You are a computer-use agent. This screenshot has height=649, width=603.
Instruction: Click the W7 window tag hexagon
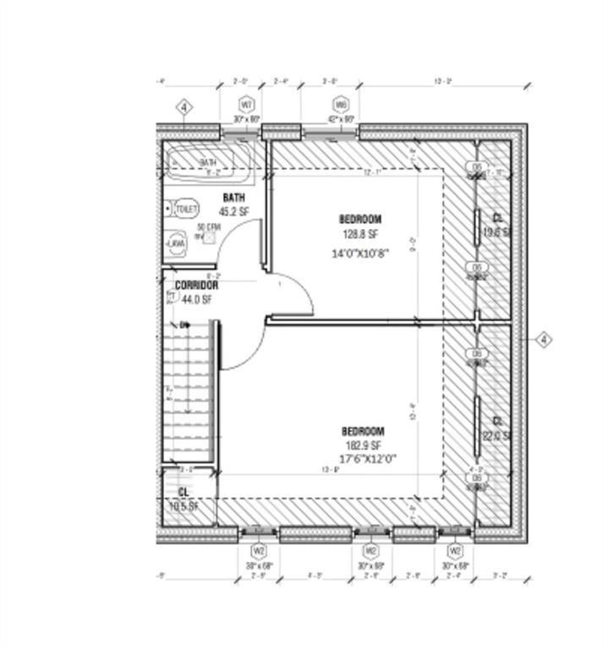pos(247,105)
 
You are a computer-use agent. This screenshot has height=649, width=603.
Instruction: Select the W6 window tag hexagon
pos(341,105)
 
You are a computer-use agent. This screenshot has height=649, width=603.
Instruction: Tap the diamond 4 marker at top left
pos(185,107)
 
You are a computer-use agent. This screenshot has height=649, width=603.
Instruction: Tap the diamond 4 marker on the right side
pos(545,340)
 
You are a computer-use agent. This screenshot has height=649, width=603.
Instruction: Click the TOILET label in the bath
pos(186,208)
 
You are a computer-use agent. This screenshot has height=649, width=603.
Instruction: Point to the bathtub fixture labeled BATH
pos(209,163)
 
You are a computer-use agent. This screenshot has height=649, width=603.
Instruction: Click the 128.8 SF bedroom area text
pos(361,234)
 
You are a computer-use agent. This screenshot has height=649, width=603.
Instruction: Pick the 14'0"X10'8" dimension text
pos(361,253)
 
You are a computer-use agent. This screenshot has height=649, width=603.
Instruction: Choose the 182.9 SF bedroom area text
pos(363,445)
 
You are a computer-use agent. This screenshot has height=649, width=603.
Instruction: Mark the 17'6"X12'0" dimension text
pos(363,459)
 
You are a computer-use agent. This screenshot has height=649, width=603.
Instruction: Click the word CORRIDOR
pos(196,286)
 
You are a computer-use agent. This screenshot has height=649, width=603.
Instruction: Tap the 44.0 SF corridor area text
pos(196,299)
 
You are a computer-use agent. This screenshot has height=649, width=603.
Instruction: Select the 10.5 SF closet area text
pos(183,507)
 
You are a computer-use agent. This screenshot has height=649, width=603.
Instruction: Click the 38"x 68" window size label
pos(260,565)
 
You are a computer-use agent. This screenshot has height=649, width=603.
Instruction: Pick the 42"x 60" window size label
pos(341,120)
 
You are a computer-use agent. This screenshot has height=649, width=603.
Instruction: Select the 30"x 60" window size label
pos(247,120)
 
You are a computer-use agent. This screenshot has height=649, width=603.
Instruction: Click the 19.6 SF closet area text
pos(497,232)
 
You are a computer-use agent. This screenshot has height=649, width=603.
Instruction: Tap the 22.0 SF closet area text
pos(497,436)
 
